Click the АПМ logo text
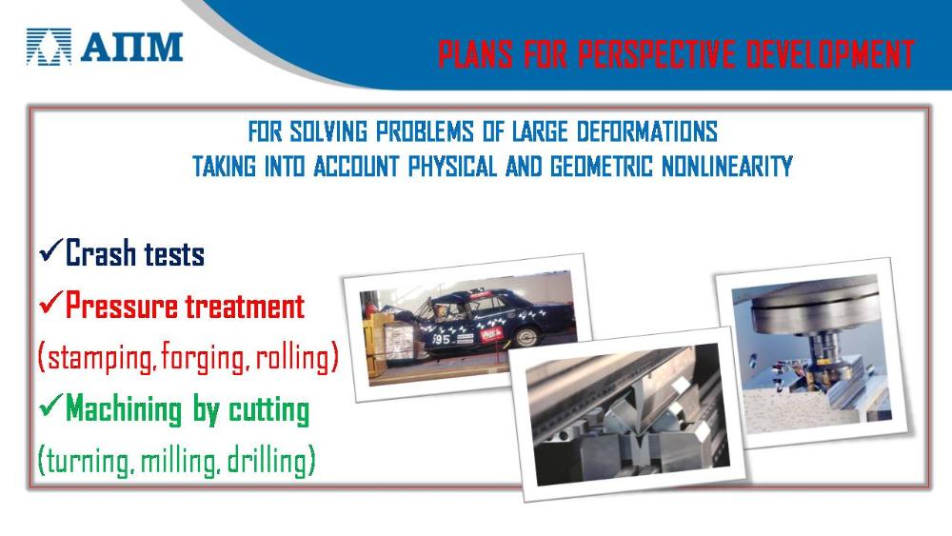tap(131, 47)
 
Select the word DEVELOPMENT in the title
tap(830, 54)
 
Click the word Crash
tap(101, 252)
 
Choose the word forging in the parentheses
tap(206, 358)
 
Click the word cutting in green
tap(269, 409)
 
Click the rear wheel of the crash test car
tap(526, 336)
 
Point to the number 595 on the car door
tap(442, 339)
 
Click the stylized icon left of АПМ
tap(49, 47)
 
